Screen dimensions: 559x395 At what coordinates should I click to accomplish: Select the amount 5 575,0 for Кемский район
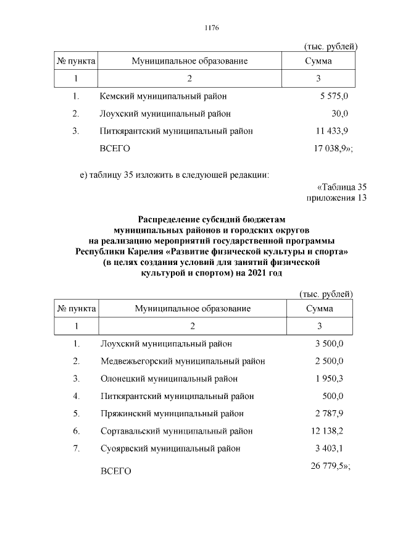coord(334,96)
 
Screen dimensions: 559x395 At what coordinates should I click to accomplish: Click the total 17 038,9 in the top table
coord(330,149)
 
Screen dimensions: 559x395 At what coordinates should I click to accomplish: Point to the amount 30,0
coord(339,114)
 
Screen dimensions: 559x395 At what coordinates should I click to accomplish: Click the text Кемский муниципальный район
coord(163,96)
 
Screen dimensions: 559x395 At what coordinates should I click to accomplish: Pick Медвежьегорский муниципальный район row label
coord(183,361)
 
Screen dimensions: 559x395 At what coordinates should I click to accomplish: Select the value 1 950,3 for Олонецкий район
coord(329,379)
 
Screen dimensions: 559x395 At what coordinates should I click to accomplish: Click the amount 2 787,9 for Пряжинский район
coord(329,413)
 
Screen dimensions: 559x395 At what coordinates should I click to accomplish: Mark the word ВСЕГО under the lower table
coord(116,471)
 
